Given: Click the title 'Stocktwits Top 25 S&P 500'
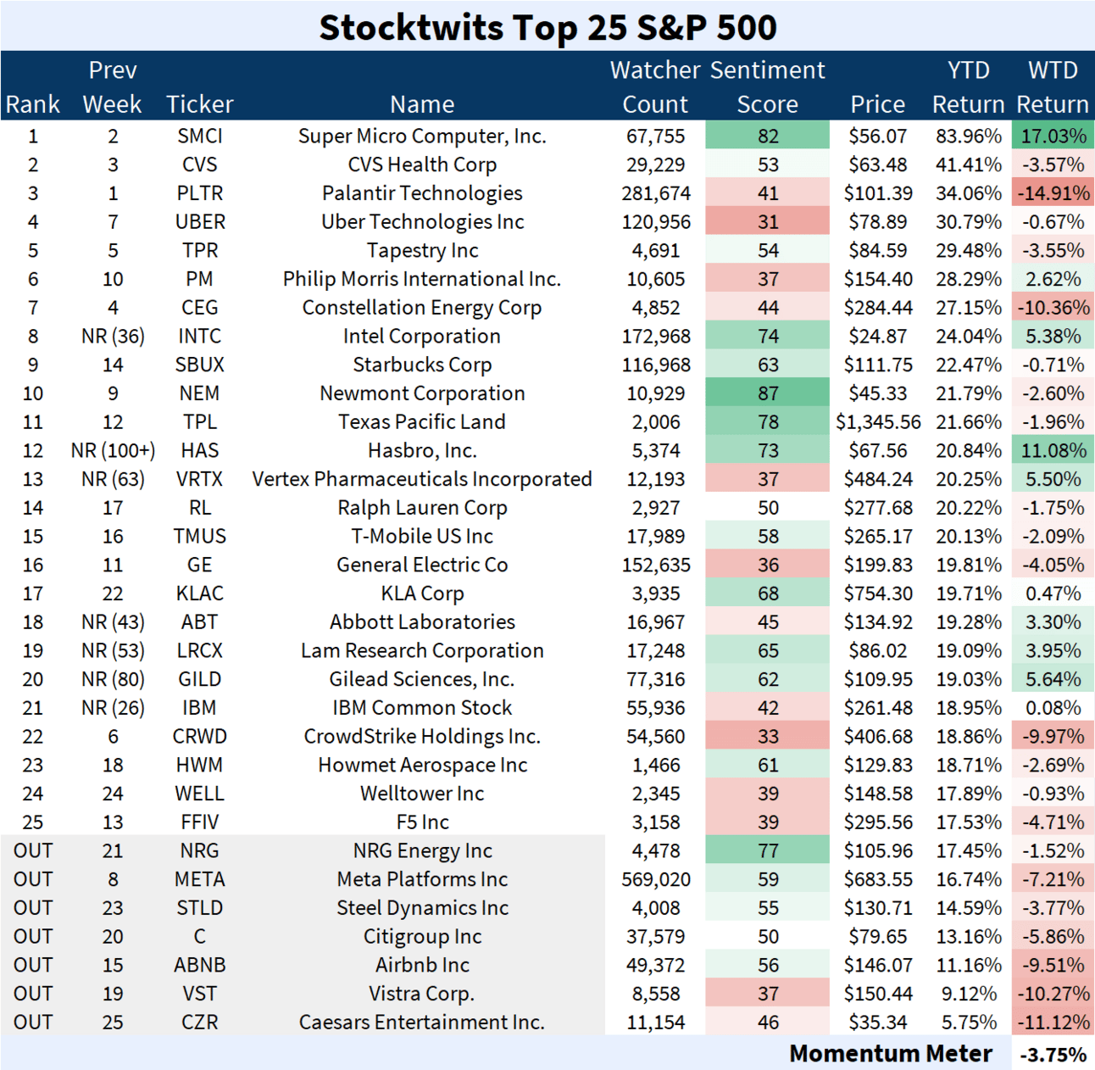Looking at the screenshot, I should tap(547, 27).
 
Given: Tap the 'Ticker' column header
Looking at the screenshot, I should tap(199, 104).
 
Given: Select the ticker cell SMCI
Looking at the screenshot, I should tap(199, 137).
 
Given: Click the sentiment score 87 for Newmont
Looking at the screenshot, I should tap(768, 393).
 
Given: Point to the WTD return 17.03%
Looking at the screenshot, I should tap(1053, 137).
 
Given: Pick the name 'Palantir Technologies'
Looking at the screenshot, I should tap(422, 193).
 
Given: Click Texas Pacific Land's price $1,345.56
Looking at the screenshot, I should tap(878, 422).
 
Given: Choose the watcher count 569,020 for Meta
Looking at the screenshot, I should tap(655, 879).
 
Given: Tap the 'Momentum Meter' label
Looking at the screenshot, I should tap(890, 1054).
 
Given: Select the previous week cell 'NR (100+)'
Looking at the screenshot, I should tap(113, 451).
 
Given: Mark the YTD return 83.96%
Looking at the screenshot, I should tap(968, 137).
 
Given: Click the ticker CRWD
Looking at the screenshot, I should tap(199, 737).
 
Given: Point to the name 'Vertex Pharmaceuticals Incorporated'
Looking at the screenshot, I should tap(422, 479).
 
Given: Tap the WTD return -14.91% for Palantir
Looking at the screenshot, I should tap(1053, 193).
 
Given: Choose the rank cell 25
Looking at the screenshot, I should tap(33, 822).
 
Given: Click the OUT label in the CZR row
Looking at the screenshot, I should tap(33, 1023).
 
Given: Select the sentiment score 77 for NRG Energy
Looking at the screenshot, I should tap(768, 850).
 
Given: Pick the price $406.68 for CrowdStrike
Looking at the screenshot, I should tap(878, 737).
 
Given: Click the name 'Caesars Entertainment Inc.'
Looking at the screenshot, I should tap(422, 1023).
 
